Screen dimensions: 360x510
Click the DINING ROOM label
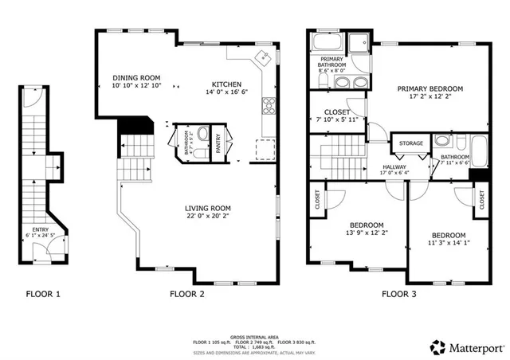[x=135, y=77]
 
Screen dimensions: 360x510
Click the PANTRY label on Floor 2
[x=219, y=142]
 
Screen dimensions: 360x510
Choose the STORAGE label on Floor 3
[x=411, y=143]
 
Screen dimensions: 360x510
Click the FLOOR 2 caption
[x=187, y=294]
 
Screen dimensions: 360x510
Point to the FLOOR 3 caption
[x=398, y=294]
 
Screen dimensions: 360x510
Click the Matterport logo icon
[x=437, y=346]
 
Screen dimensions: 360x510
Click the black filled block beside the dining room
[x=135, y=127]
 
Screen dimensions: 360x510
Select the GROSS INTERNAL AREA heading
[x=254, y=338]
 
